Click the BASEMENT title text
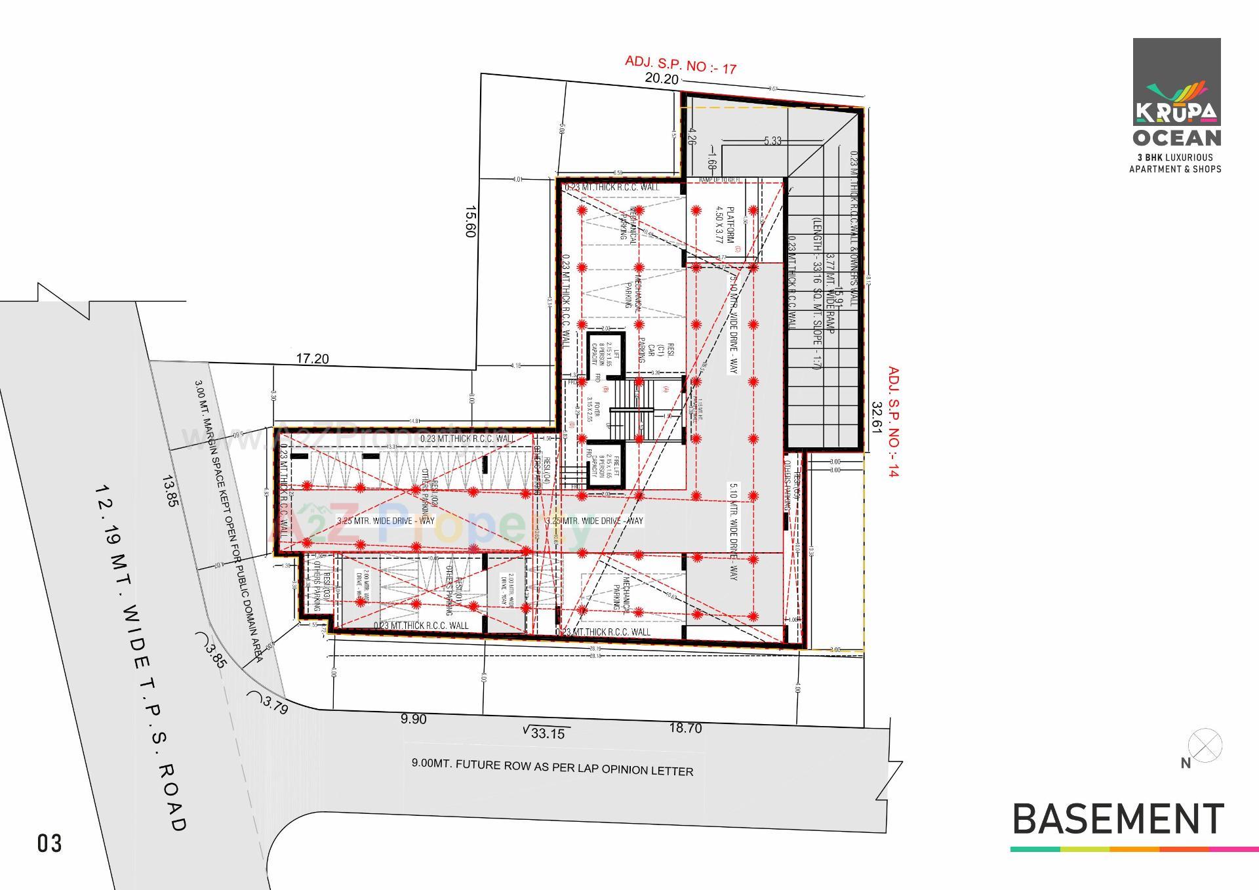(x=1118, y=819)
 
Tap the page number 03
(x=50, y=843)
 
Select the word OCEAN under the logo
(x=1177, y=138)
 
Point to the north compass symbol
(x=1205, y=746)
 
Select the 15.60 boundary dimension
(x=470, y=222)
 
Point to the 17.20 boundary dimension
(x=313, y=359)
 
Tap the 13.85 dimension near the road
(x=170, y=491)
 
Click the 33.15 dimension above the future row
(x=546, y=733)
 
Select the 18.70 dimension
(x=685, y=728)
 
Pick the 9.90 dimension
(x=413, y=719)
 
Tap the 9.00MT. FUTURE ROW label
(x=552, y=767)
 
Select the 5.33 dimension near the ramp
(x=772, y=141)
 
